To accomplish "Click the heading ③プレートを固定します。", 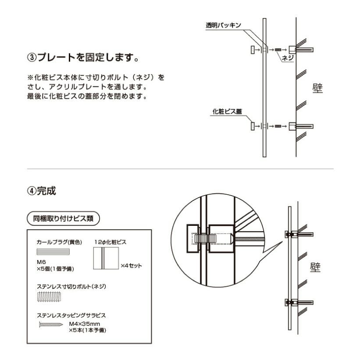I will [83, 58].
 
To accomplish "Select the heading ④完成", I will [43, 192].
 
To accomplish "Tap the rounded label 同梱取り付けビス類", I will [63, 218].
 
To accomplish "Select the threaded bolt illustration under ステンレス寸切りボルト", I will [49, 297].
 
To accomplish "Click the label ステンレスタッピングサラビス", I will [71, 315].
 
